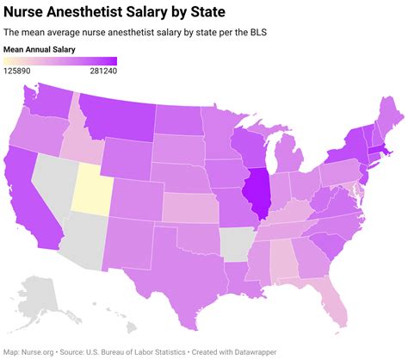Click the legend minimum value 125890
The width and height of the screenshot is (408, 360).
click(22, 73)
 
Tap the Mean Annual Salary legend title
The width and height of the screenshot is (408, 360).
click(40, 50)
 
